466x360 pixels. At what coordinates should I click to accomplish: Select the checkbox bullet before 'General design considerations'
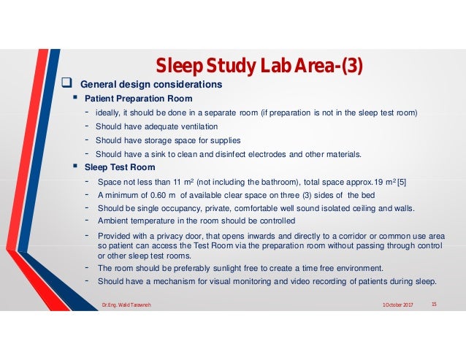tap(64, 85)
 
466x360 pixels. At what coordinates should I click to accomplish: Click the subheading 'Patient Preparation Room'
tap(139, 99)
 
